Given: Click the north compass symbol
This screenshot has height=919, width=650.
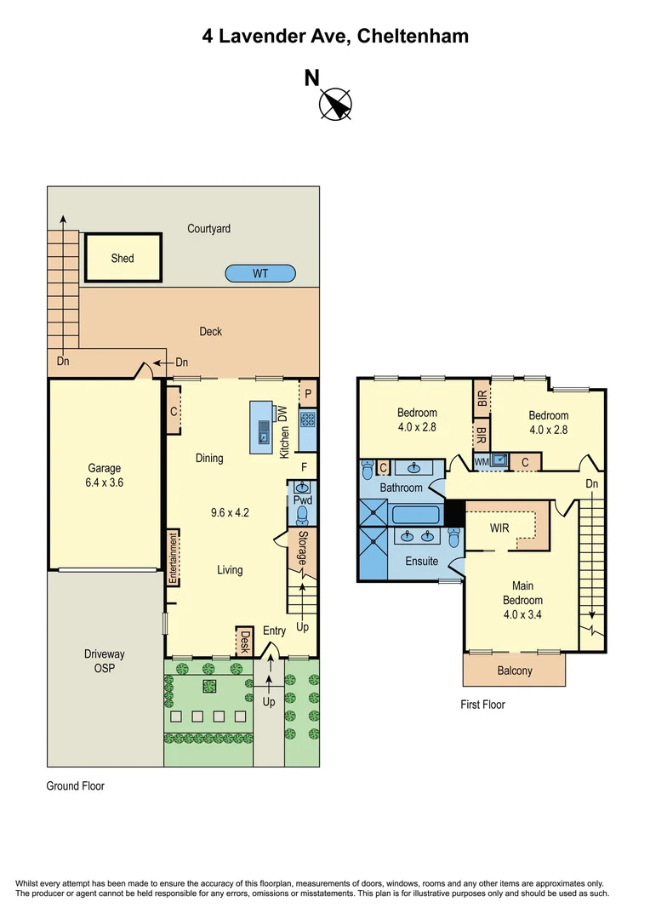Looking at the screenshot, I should [x=335, y=103].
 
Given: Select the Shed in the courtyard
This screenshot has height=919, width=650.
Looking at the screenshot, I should [x=123, y=258].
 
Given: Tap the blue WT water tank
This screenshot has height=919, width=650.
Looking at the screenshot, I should [x=260, y=274].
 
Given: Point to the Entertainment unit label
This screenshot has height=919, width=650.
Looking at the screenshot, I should [x=172, y=558].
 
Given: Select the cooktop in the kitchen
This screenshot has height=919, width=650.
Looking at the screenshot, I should [x=307, y=419].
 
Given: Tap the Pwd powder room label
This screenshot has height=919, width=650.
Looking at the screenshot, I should [x=303, y=501].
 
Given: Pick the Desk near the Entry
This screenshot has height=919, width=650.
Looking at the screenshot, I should [x=245, y=641].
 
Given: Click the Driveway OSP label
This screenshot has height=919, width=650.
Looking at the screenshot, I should [x=105, y=661].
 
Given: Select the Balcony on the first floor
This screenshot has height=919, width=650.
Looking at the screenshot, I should [x=514, y=671].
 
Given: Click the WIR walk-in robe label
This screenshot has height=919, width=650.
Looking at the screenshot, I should [x=500, y=528].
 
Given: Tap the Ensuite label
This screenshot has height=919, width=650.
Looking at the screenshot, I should [x=421, y=562].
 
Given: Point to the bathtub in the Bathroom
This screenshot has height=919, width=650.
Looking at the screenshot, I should [x=415, y=516].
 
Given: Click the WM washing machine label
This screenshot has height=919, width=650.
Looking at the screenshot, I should [x=481, y=462].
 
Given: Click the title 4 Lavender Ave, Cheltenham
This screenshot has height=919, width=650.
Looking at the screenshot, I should [x=335, y=37].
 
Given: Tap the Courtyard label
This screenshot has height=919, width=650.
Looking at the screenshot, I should [x=208, y=229].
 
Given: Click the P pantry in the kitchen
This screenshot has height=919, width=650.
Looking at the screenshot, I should [x=307, y=394].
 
